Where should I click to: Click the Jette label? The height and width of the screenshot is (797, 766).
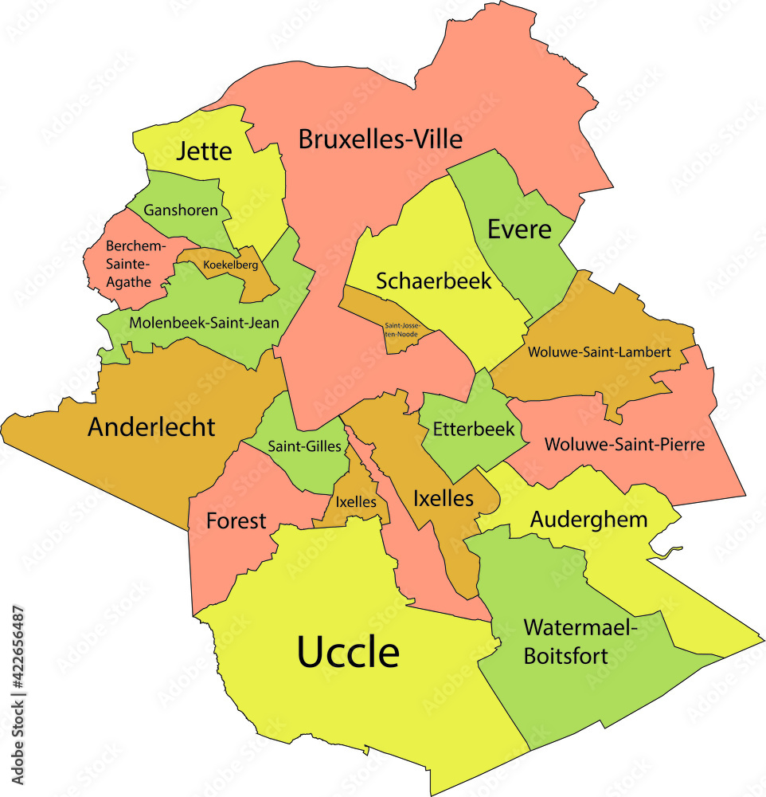tap(205, 151)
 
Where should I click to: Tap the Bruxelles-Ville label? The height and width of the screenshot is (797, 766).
tap(380, 139)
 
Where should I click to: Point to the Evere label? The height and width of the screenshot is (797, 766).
tap(519, 230)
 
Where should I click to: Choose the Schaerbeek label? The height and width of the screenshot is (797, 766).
tap(433, 281)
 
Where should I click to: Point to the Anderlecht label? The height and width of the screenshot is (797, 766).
tap(151, 427)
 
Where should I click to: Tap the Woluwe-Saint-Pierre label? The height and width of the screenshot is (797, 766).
tap(624, 444)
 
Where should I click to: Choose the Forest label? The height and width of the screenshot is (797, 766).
tap(236, 521)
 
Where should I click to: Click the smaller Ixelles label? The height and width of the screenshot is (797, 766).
tap(350, 503)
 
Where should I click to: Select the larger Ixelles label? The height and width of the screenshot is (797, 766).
tap(444, 500)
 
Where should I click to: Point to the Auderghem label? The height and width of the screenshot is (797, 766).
tap(588, 520)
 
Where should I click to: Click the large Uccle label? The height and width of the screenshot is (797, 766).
tap(348, 652)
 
